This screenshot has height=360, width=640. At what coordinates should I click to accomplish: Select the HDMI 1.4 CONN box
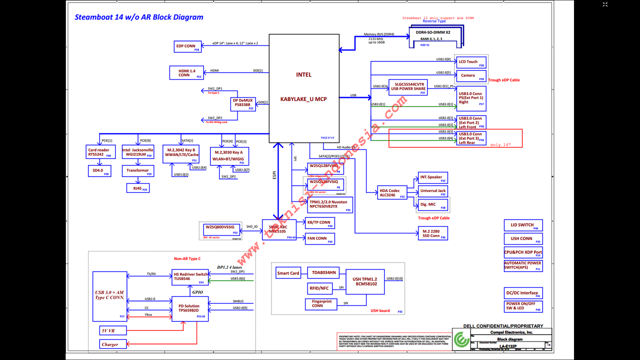point(186,73)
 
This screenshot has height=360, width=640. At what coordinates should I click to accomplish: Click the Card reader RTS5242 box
point(99,152)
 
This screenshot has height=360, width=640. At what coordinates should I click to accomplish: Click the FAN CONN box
point(319,238)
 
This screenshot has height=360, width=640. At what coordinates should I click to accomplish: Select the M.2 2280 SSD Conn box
point(432,233)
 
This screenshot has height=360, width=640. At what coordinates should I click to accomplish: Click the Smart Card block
point(288,273)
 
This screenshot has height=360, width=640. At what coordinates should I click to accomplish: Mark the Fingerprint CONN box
point(321,303)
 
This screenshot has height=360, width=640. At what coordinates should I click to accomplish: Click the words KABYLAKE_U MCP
point(303,99)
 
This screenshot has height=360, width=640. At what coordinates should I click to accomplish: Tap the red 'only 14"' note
point(500,144)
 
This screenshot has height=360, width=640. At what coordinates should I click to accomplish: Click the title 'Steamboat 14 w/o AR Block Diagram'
point(139,17)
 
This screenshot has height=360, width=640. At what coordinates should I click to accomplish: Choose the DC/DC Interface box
point(523,293)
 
